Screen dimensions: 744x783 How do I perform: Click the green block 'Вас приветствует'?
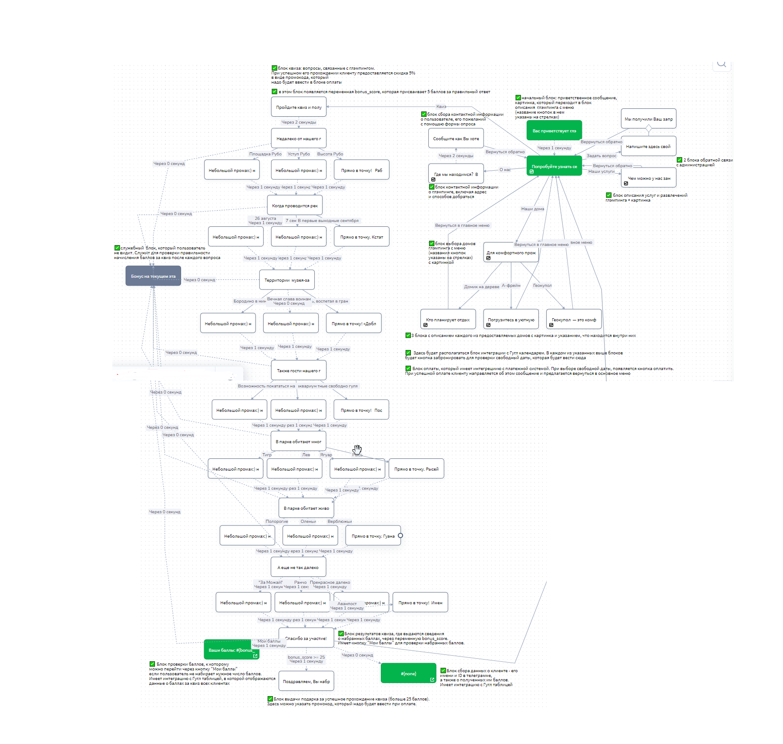tap(554, 130)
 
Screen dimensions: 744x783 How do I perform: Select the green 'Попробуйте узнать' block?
tap(554, 166)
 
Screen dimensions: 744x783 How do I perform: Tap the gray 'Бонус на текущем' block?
tap(153, 276)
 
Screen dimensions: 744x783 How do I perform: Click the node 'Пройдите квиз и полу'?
tap(299, 107)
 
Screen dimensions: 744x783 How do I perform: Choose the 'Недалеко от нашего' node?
tap(299, 138)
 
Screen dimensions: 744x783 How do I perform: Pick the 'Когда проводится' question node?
tap(295, 205)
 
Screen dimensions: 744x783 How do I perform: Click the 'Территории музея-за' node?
tap(287, 280)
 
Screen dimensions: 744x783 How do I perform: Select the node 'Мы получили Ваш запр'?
tap(648, 119)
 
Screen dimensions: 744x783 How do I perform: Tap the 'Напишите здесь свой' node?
tap(648, 146)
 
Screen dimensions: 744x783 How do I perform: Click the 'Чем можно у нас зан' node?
tap(649, 178)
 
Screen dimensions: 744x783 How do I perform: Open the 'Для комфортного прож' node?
tap(511, 252)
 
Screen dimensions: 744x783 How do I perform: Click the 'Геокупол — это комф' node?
tap(574, 320)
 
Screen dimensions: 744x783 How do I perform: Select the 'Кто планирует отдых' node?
tap(447, 320)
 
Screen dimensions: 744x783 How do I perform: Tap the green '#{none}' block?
tap(408, 673)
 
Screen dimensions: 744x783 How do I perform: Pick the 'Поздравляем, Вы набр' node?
tap(306, 681)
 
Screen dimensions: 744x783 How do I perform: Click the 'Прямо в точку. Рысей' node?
tap(416, 469)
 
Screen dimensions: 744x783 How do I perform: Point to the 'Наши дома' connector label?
tap(532, 209)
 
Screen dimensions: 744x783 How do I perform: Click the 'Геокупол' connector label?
tap(542, 286)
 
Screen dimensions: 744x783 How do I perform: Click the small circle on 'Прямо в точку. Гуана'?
tap(400, 535)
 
